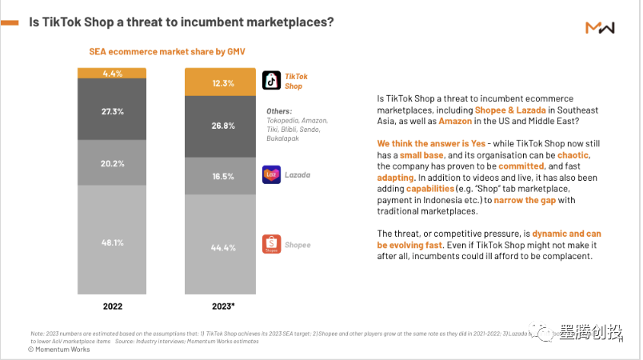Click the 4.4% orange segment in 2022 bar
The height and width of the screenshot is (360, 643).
click(112, 74)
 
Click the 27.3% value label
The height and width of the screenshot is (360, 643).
click(112, 111)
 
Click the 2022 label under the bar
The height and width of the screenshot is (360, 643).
click(112, 306)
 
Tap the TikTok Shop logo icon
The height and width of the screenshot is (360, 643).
click(272, 81)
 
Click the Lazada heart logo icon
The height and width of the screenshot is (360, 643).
click(272, 174)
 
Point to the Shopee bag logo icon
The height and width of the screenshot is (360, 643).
click(272, 244)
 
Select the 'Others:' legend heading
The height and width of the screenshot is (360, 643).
click(279, 111)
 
